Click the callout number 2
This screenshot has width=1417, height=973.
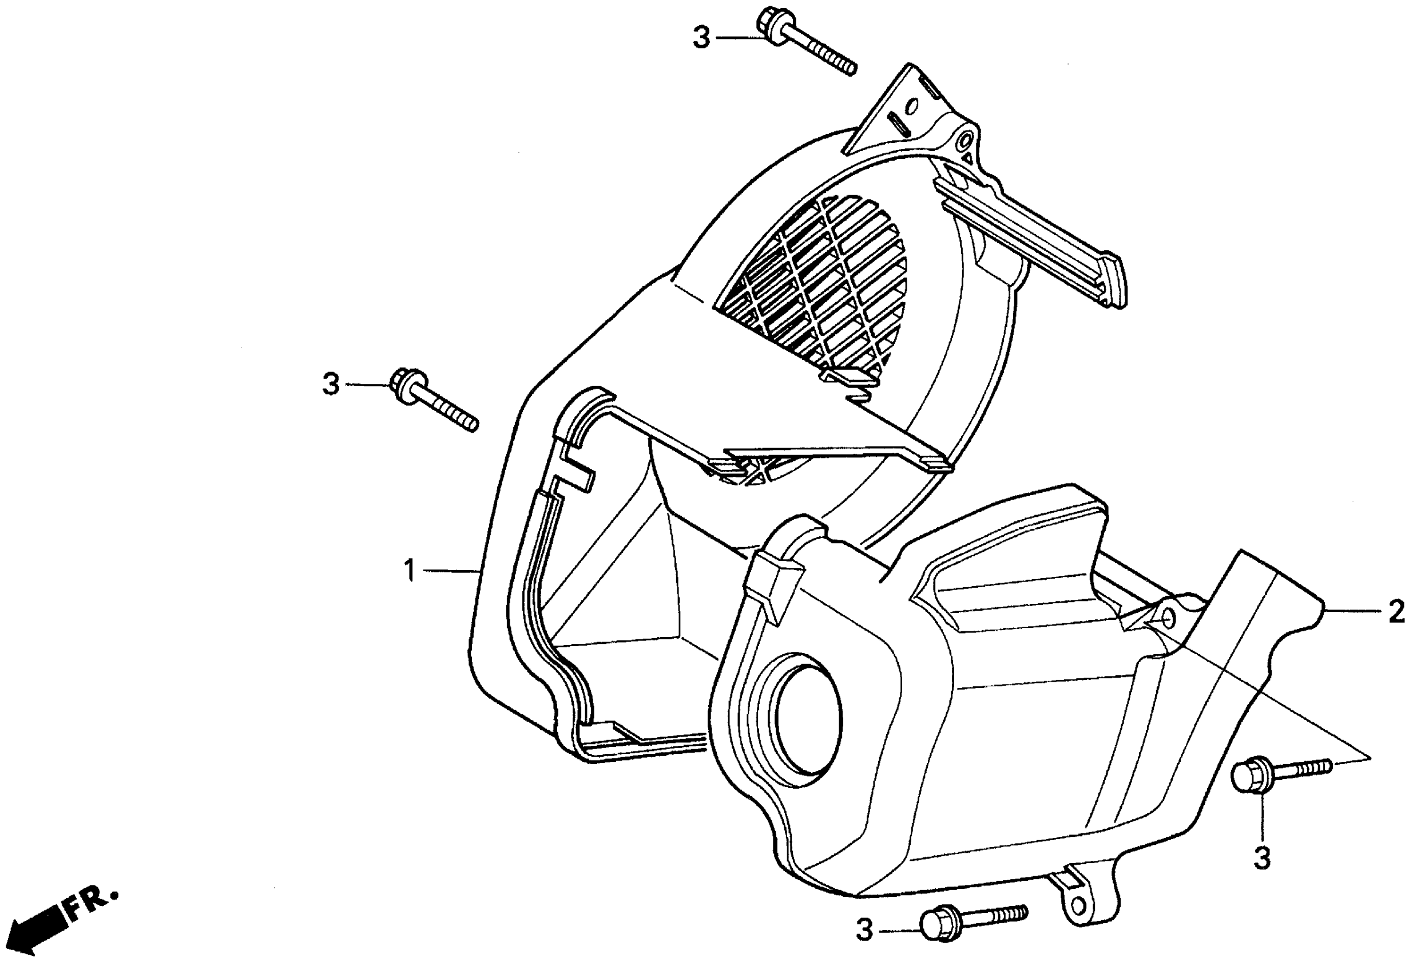point(1396,612)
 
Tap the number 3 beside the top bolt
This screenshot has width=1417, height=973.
point(701,38)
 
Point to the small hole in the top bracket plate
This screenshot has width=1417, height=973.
point(913,108)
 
